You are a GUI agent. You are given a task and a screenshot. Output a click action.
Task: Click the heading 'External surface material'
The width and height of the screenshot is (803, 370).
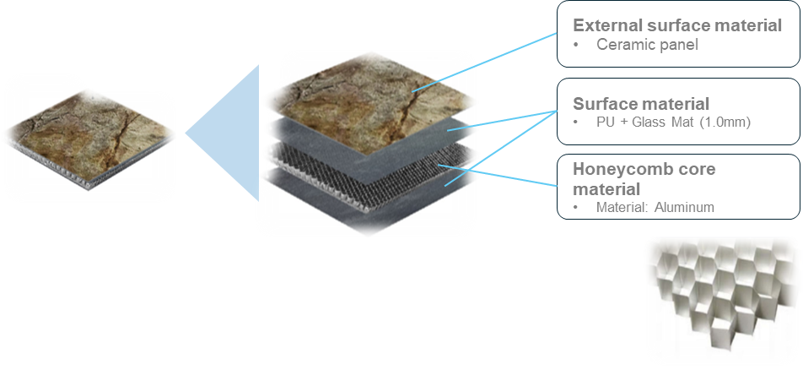(x=677, y=25)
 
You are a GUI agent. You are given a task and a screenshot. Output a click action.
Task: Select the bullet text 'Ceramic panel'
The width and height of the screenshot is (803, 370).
(x=647, y=45)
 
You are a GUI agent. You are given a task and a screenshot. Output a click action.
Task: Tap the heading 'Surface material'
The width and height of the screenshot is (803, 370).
(x=640, y=104)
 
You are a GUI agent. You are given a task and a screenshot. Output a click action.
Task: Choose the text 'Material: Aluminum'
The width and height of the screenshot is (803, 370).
(x=655, y=207)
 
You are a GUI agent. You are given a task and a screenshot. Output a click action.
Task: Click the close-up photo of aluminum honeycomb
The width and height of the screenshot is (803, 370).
(x=720, y=297)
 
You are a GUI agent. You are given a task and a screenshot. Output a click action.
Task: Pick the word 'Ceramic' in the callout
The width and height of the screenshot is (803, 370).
(x=622, y=45)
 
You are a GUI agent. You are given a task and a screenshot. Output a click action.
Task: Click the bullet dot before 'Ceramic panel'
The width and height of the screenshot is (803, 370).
(x=575, y=45)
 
